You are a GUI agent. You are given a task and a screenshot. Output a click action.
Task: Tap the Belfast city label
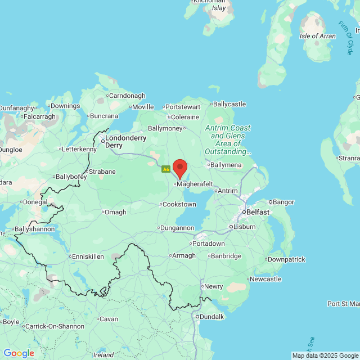tap(258, 212)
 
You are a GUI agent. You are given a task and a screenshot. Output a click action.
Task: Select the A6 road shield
tap(166, 169)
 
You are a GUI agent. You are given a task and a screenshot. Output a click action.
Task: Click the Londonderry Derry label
tap(126, 141)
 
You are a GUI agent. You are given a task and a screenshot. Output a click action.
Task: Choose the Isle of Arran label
tap(318, 36)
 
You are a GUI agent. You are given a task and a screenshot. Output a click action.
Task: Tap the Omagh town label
tap(116, 212)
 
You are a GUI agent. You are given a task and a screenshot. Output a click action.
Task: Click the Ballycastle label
tap(229, 104)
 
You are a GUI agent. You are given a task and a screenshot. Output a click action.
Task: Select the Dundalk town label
tap(211, 317)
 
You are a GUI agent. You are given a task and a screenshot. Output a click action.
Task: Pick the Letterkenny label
tap(79, 149)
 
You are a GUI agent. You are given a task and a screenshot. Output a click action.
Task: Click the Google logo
tap(19, 353)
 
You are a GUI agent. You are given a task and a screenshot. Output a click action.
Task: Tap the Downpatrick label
tap(287, 259)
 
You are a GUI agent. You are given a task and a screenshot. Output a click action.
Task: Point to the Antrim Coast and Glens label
tap(228, 136)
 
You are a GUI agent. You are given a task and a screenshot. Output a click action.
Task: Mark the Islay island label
tap(218, 8)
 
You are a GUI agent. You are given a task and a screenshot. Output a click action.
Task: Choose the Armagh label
tap(184, 255)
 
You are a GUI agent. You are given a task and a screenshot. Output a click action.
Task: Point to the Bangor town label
tap(283, 201)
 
